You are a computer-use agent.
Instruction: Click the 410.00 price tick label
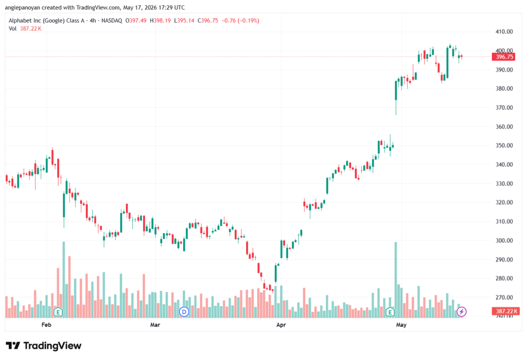pyautogui.click(x=504, y=31)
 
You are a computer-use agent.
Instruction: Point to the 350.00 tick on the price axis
pyautogui.click(x=504, y=146)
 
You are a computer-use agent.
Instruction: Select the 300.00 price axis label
pyautogui.click(x=504, y=241)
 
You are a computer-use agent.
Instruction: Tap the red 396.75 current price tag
pyautogui.click(x=503, y=57)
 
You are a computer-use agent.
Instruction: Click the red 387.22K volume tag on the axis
pyautogui.click(x=505, y=311)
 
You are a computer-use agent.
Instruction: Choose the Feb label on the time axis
pyautogui.click(x=46, y=324)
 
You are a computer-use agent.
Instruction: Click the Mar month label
pyautogui.click(x=155, y=324)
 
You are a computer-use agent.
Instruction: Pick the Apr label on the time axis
pyautogui.click(x=281, y=324)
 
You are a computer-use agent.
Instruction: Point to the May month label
pyautogui.click(x=401, y=324)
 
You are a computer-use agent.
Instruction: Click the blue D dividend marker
pyautogui.click(x=184, y=312)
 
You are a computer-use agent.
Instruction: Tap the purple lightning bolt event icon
pyautogui.click(x=462, y=312)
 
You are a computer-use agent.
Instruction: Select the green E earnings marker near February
pyautogui.click(x=58, y=312)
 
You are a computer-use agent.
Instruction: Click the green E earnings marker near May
pyautogui.click(x=390, y=312)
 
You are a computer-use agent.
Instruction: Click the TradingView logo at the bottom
pyautogui.click(x=44, y=346)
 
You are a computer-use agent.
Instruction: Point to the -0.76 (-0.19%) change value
pyautogui.click(x=240, y=21)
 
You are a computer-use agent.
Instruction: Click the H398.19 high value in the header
pyautogui.click(x=160, y=21)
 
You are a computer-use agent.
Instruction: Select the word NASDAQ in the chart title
pyautogui.click(x=112, y=21)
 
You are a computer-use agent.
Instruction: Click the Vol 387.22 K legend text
pyautogui.click(x=25, y=29)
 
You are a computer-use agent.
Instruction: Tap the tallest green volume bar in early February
pyautogui.click(x=64, y=280)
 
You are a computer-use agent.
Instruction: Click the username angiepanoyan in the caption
pyautogui.click(x=22, y=8)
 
